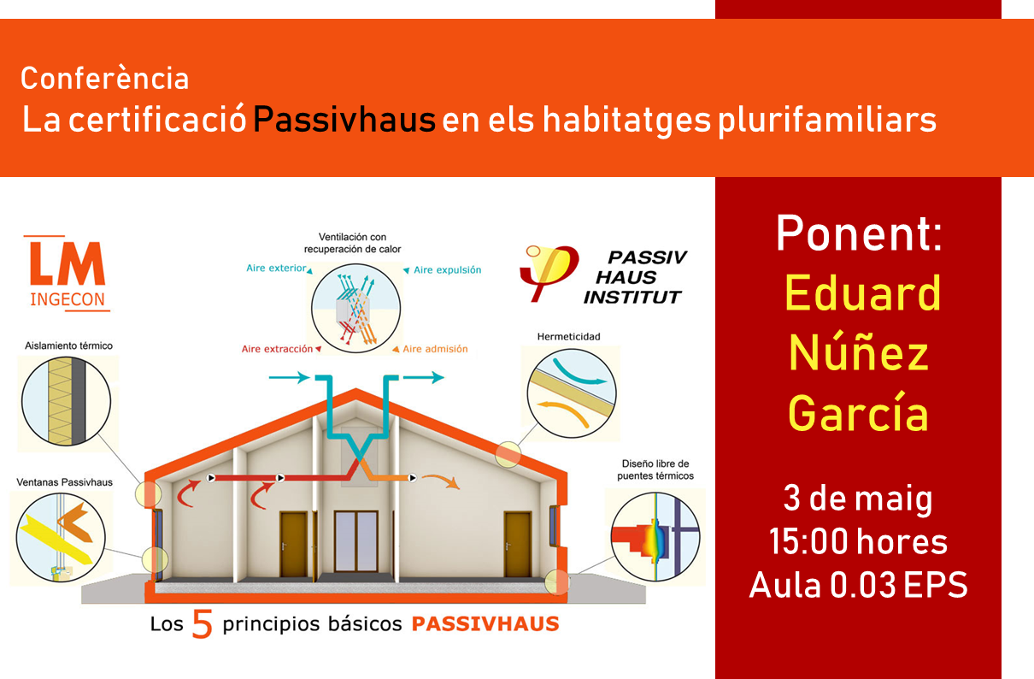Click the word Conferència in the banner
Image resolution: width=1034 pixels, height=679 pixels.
[x=105, y=78]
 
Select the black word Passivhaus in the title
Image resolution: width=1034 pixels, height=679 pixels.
[x=344, y=120]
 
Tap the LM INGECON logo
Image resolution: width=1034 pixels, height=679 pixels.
[x=68, y=274]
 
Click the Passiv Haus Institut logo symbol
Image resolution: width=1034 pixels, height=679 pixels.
[x=549, y=273]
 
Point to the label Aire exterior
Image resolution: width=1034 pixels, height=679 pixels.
[x=276, y=268]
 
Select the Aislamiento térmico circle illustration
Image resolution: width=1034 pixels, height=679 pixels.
[x=66, y=401]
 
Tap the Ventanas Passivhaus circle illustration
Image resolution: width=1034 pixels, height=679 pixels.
[x=61, y=537]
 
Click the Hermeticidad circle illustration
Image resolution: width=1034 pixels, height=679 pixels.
[x=572, y=393]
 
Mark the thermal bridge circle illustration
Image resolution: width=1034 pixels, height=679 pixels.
[x=655, y=536]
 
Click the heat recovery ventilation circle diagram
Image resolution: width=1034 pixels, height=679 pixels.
[x=355, y=309]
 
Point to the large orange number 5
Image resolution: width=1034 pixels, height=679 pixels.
[x=203, y=623]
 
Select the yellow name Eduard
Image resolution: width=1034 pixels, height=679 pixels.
[x=862, y=292]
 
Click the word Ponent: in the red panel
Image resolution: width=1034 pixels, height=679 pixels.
[x=860, y=233]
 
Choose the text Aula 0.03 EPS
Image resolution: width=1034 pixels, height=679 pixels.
[x=858, y=585]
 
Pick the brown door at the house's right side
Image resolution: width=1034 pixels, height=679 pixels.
[x=518, y=544]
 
